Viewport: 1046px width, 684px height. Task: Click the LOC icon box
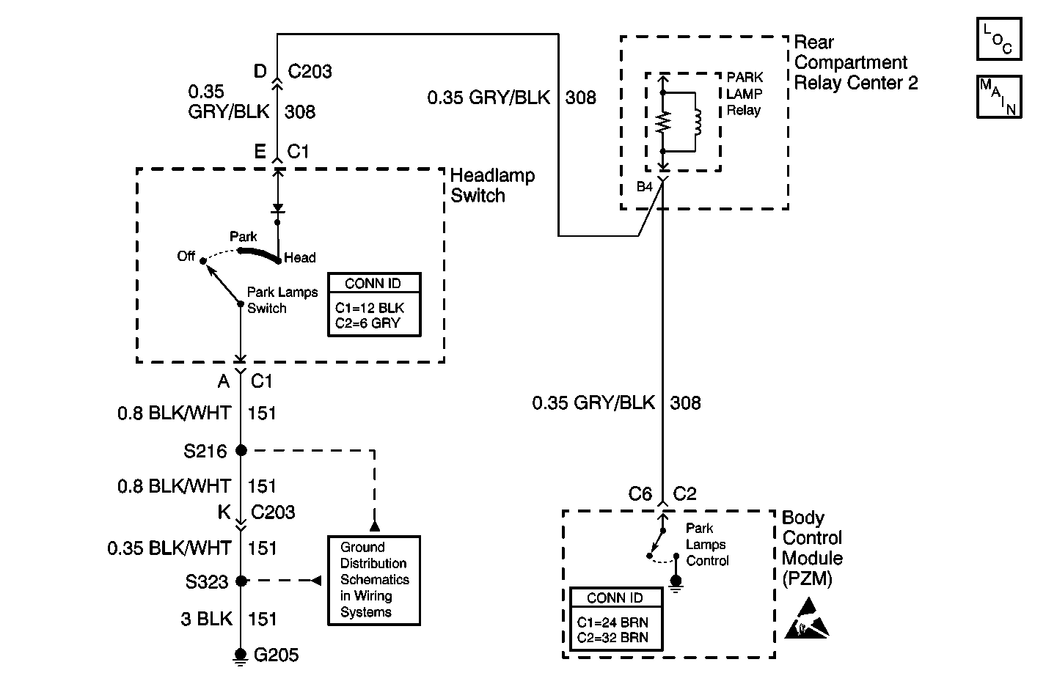(998, 40)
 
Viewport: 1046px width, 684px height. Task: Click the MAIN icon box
(998, 96)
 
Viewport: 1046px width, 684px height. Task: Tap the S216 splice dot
(241, 450)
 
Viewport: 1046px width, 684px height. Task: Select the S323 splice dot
(241, 581)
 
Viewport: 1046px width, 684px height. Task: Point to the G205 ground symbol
(240, 655)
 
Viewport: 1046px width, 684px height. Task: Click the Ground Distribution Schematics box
(374, 580)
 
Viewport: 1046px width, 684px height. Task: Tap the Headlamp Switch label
(491, 185)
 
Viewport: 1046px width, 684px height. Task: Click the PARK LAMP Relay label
(745, 94)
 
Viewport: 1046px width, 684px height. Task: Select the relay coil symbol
(697, 122)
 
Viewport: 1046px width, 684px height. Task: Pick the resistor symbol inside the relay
(662, 122)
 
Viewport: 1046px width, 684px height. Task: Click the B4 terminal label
(644, 187)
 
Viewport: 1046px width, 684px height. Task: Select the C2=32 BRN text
(612, 637)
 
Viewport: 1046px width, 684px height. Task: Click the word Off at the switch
(186, 256)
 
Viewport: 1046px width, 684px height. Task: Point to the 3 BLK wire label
(206, 619)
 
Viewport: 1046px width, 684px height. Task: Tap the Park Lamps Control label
(707, 545)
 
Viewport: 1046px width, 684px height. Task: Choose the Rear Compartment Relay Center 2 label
(855, 62)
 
